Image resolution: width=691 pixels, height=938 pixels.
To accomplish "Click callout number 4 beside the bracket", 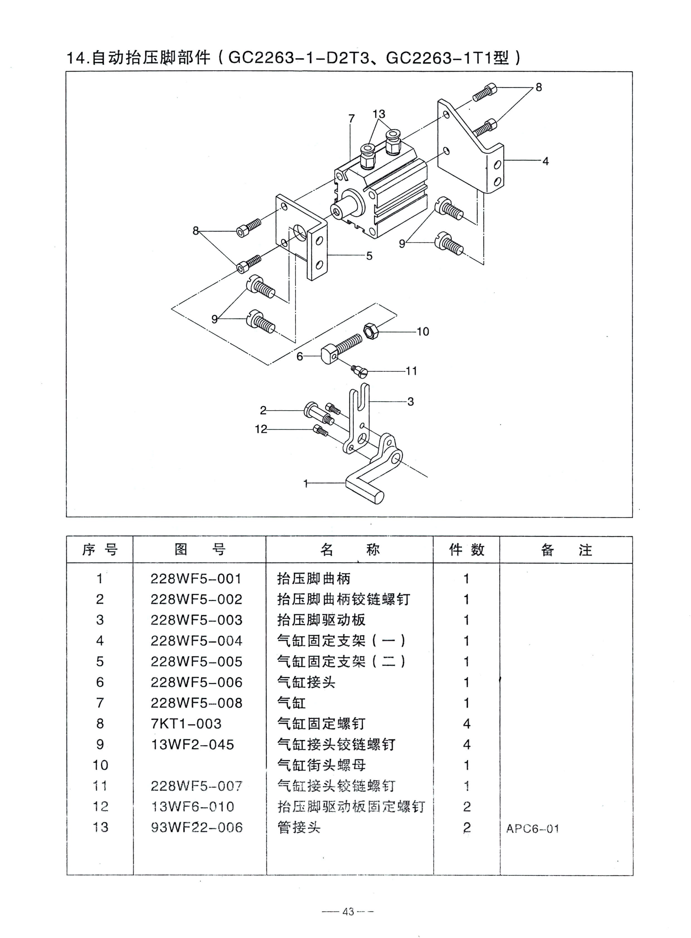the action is [546, 161].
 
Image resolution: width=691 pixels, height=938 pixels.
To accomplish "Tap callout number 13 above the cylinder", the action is [379, 114].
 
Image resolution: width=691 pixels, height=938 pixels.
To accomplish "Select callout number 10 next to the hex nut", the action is [423, 332].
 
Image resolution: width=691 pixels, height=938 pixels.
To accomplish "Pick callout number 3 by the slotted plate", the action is [411, 402].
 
